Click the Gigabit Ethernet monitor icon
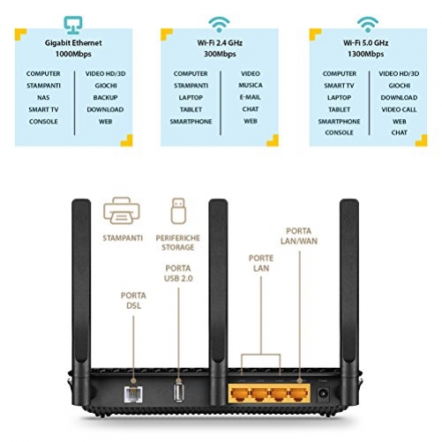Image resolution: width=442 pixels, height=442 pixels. pos(74,23)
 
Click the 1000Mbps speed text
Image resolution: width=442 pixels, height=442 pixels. pos(74,54)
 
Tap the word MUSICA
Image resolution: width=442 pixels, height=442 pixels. pos(251,86)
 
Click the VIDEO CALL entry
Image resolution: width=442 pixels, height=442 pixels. pos(399,109)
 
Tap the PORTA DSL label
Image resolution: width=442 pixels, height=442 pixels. pos(130,300)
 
